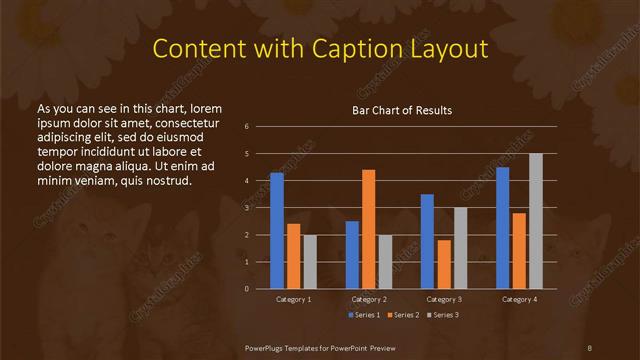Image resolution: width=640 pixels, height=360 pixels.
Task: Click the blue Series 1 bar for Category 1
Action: (277, 231)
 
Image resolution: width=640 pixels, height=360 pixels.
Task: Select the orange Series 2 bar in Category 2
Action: (369, 229)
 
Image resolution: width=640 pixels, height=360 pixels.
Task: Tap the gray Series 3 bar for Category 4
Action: (536, 221)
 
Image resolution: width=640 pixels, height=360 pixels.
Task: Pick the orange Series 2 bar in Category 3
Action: (444, 264)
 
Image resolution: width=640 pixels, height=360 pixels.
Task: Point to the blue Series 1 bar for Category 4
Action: (503, 228)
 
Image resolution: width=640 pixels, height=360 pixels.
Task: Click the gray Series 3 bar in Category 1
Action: (310, 262)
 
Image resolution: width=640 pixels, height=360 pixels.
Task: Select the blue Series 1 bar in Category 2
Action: (352, 255)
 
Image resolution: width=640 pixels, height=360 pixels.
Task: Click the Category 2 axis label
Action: (369, 299)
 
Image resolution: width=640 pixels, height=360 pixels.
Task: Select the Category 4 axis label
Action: (519, 299)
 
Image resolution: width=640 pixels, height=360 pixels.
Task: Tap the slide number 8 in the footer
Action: (590, 346)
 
